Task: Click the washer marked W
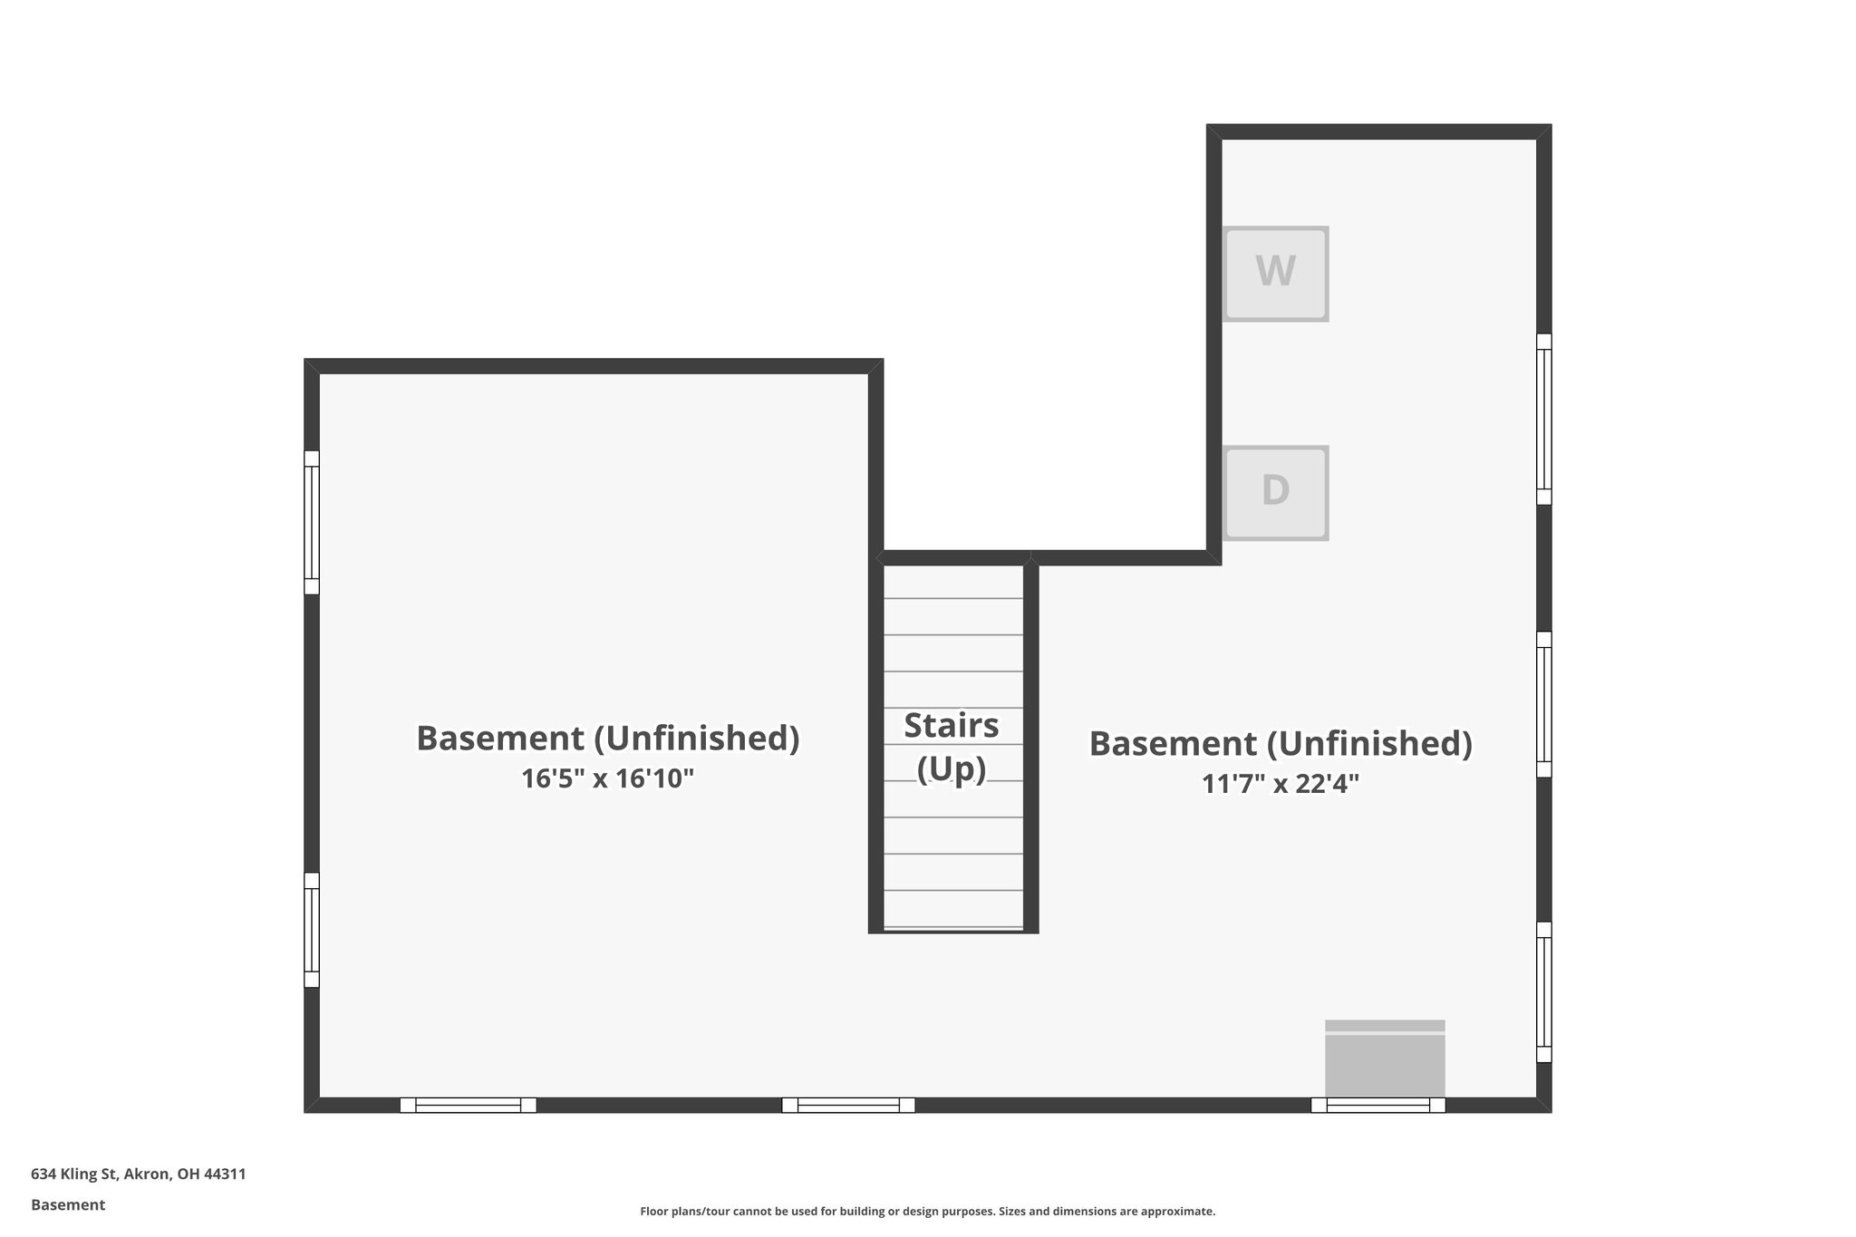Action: tap(1275, 274)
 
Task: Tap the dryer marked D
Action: tap(1275, 493)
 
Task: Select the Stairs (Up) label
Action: tap(952, 747)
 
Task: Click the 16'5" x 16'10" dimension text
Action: tap(607, 778)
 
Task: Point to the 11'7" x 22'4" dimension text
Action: tap(1281, 783)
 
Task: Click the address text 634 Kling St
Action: tap(74, 1174)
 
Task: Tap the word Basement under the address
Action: tap(68, 1205)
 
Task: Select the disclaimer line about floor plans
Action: tap(927, 1212)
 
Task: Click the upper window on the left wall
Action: tap(312, 523)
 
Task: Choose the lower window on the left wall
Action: tap(312, 930)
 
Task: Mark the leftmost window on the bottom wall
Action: tap(469, 1105)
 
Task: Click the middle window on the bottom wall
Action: tap(848, 1105)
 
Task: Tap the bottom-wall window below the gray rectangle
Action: tap(1377, 1105)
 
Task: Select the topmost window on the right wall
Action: tap(1544, 419)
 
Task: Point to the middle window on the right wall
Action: tap(1544, 704)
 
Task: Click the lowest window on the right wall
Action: tap(1544, 992)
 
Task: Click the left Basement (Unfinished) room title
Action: tap(607, 739)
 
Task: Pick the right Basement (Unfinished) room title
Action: tap(1281, 743)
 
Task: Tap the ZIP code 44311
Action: tap(225, 1174)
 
